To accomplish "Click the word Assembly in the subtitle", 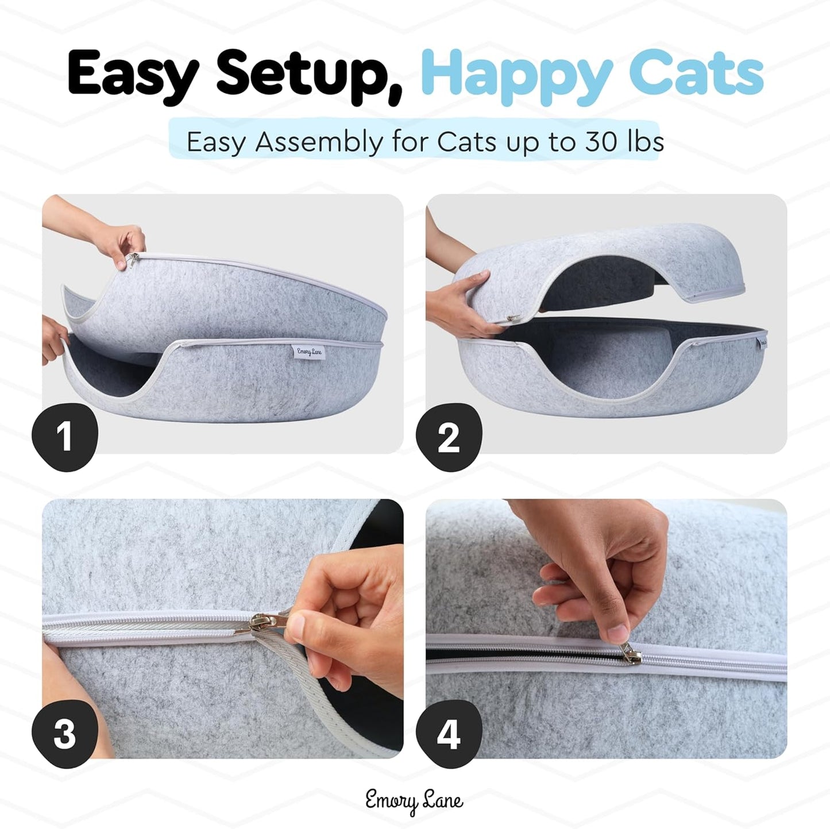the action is tap(319, 142).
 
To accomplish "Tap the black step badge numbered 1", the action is tap(64, 437).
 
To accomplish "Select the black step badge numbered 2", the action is tap(449, 437).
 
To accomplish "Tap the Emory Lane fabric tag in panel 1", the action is tap(308, 352).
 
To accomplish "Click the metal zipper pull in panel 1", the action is tap(133, 260).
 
